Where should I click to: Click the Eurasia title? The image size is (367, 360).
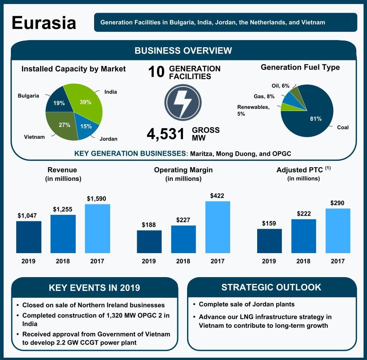point(44,23)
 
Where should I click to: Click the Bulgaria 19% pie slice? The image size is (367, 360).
point(58,102)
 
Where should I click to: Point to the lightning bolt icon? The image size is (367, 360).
point(183,103)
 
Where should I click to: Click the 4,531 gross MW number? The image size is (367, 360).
point(166,134)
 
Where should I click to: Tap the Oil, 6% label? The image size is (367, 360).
point(280,86)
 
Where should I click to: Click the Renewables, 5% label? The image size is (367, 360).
point(253,110)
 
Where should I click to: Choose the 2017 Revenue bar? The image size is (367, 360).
point(97,228)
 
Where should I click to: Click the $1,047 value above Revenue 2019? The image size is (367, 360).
point(28,216)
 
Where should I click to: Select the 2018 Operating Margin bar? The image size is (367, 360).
point(183,239)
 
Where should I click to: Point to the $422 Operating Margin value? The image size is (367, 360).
point(217,196)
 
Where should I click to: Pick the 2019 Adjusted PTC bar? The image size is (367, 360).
point(269,241)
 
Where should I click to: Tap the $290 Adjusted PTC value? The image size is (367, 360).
point(338,203)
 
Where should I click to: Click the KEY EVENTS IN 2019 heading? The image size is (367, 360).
point(94,288)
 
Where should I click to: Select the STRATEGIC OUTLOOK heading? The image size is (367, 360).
point(271,287)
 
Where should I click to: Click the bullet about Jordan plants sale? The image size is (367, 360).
point(247,304)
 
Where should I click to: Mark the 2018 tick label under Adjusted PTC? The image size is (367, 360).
point(303,261)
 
